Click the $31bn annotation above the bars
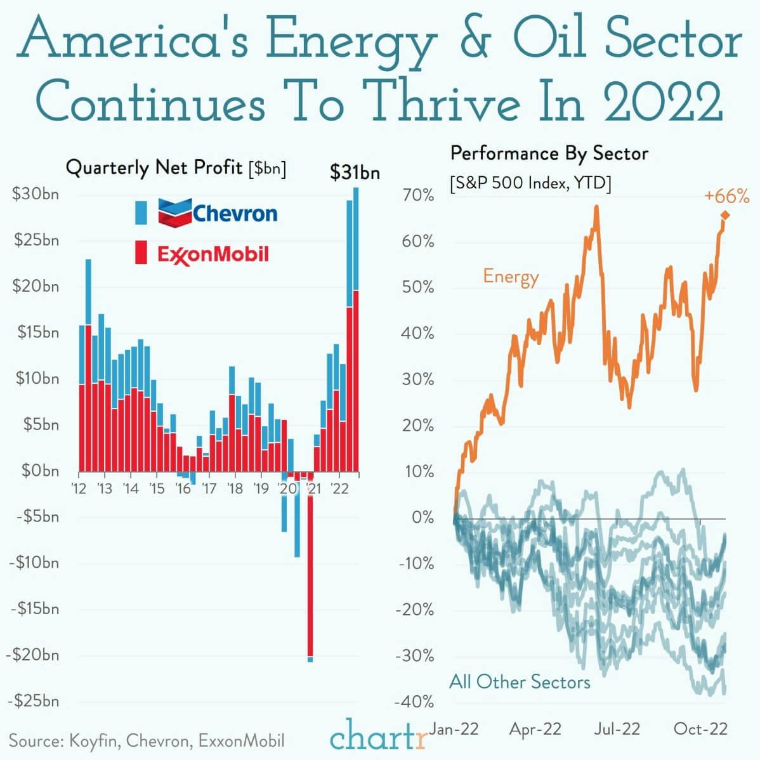pyautogui.click(x=355, y=173)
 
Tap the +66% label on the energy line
pyautogui.click(x=726, y=197)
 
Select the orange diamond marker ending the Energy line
pyautogui.click(x=724, y=216)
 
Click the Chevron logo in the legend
pyautogui.click(x=218, y=213)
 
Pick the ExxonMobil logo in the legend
pyautogui.click(x=213, y=254)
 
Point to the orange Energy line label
pyautogui.click(x=511, y=277)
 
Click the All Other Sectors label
pyautogui.click(x=520, y=682)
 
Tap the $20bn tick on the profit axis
pyautogui.click(x=36, y=286)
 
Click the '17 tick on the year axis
pyautogui.click(x=209, y=488)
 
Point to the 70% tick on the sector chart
pyautogui.click(x=418, y=195)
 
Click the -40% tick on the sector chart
pyautogui.click(x=414, y=702)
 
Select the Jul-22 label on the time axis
pyautogui.click(x=617, y=729)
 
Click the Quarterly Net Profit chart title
pyautogui.click(x=176, y=168)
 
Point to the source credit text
pyautogui.click(x=147, y=741)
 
